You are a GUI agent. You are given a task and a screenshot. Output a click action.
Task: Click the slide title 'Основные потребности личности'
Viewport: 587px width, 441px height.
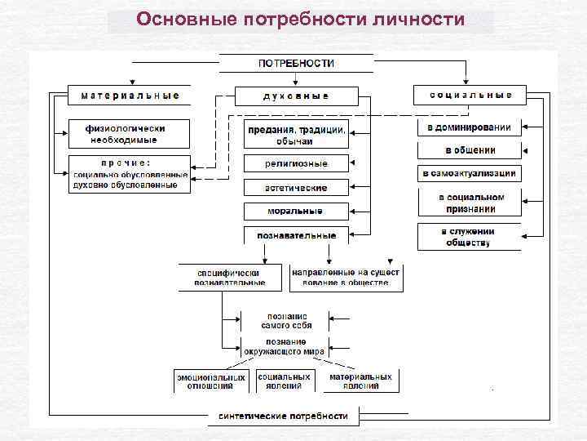click(x=301, y=19)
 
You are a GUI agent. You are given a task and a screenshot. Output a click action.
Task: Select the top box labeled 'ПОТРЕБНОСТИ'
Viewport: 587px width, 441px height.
click(x=296, y=64)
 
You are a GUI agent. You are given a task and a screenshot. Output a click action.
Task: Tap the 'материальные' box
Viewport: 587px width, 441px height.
click(x=130, y=95)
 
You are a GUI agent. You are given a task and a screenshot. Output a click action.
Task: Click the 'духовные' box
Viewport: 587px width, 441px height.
click(x=296, y=96)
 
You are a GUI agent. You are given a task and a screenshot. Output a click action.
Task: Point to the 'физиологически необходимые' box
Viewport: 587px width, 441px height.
click(x=129, y=133)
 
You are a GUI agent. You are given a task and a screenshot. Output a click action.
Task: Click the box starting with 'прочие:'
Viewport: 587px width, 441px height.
click(x=130, y=174)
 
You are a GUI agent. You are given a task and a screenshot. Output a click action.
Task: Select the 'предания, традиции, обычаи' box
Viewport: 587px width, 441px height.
click(x=296, y=134)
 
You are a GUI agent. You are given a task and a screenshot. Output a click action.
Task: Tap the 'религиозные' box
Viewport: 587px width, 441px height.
click(x=296, y=163)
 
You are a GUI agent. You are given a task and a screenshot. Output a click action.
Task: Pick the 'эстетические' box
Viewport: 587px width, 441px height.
click(x=296, y=188)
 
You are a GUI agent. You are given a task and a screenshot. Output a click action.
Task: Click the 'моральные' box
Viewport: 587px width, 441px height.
click(x=296, y=212)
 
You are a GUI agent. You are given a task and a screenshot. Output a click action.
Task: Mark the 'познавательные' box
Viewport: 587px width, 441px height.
click(x=296, y=236)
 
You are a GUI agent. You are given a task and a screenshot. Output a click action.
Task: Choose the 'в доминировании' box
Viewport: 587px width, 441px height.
click(x=469, y=127)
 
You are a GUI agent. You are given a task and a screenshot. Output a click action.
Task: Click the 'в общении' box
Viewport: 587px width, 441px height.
click(x=469, y=150)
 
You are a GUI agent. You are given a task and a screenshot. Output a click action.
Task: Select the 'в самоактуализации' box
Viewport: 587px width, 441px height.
click(x=469, y=174)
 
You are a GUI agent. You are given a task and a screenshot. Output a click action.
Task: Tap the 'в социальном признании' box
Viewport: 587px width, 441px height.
click(x=469, y=203)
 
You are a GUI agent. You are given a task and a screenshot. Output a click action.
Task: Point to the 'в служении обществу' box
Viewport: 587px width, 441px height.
click(x=469, y=237)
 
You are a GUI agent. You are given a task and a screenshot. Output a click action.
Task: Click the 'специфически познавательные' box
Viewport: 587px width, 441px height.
click(x=230, y=277)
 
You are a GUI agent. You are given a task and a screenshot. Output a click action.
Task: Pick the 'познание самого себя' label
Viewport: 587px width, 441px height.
click(x=285, y=320)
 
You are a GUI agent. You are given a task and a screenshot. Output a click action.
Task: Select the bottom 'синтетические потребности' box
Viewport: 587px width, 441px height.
click(x=282, y=416)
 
